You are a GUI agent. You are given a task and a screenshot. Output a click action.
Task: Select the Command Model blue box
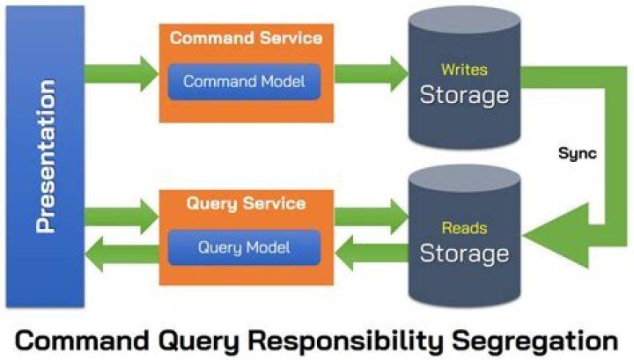click(244, 82)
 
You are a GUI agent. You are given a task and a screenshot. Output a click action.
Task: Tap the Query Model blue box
click(244, 248)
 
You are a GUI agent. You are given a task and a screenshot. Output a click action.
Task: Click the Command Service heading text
click(246, 39)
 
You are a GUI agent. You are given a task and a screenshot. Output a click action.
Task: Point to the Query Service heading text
click(246, 203)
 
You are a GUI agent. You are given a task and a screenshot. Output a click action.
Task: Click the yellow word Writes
click(464, 69)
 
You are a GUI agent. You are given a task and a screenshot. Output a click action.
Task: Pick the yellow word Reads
click(464, 229)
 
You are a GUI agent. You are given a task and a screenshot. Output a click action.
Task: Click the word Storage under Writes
click(464, 94)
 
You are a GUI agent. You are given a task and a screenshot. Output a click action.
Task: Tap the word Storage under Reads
click(464, 254)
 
